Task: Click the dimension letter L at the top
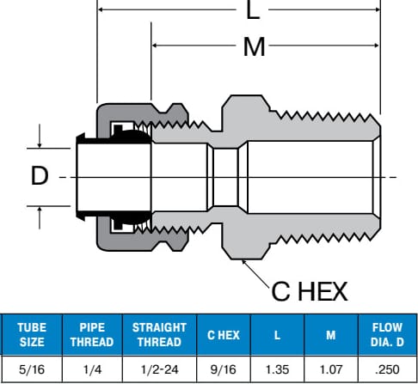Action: [253, 9]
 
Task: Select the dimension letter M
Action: [254, 46]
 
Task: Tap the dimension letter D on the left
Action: [40, 175]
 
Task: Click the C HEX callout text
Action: [310, 291]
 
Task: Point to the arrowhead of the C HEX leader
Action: [243, 261]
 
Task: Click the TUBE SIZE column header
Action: [32, 335]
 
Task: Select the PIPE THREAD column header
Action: [92, 335]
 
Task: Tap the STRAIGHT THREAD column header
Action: [159, 335]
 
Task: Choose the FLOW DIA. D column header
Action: [387, 335]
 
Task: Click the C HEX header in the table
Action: [224, 335]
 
